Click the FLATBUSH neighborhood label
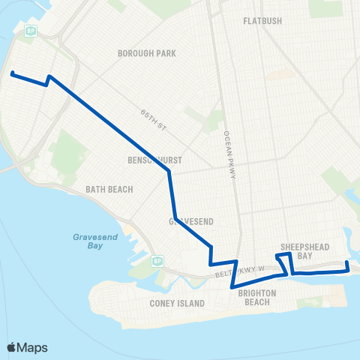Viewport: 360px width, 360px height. click(x=262, y=21)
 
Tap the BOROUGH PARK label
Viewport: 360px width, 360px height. click(x=145, y=54)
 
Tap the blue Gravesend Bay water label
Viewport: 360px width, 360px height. click(x=93, y=240)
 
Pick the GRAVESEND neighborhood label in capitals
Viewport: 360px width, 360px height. click(x=178, y=221)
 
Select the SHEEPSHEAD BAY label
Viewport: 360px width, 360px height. click(x=296, y=250)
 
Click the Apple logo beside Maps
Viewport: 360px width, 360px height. click(x=11, y=347)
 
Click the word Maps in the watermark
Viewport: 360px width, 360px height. click(x=32, y=347)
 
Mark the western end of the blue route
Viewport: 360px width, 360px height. click(x=12, y=73)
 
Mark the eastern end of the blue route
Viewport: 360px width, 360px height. click(x=347, y=263)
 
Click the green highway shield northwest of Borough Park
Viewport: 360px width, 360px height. click(x=31, y=31)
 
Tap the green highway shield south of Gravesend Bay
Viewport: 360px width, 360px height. click(x=157, y=260)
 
